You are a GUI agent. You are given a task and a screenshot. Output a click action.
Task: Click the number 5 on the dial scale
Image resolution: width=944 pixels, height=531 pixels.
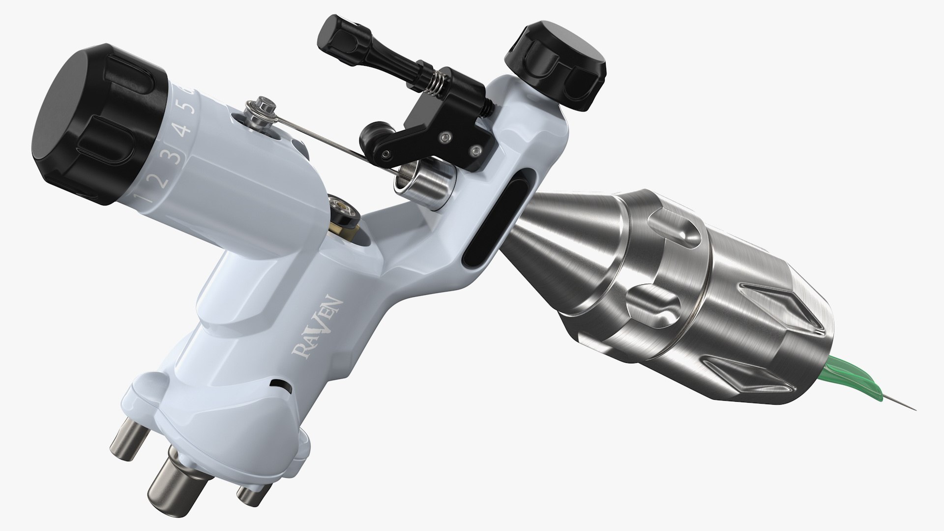click(x=194, y=106)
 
